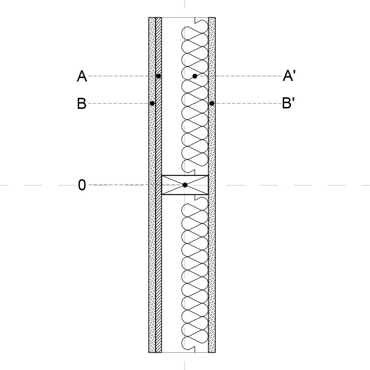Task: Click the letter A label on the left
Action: [x=82, y=76]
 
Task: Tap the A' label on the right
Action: [x=289, y=76]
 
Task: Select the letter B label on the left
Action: [x=81, y=104]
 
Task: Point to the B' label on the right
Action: [x=289, y=103]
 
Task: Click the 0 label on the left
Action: [x=81, y=185]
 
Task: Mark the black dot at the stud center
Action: [x=185, y=185]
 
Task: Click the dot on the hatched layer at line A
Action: [x=159, y=76]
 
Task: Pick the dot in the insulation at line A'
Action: [x=195, y=76]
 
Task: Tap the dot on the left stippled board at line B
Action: [x=152, y=104]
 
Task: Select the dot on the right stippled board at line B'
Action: [x=211, y=104]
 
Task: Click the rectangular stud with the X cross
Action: [x=185, y=185]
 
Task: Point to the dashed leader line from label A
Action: [x=122, y=76]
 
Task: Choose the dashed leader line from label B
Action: [x=119, y=104]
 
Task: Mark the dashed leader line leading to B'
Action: [x=248, y=104]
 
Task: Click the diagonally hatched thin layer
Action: [x=159, y=185]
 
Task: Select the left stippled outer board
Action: [x=152, y=185]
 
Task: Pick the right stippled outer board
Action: [x=212, y=185]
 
